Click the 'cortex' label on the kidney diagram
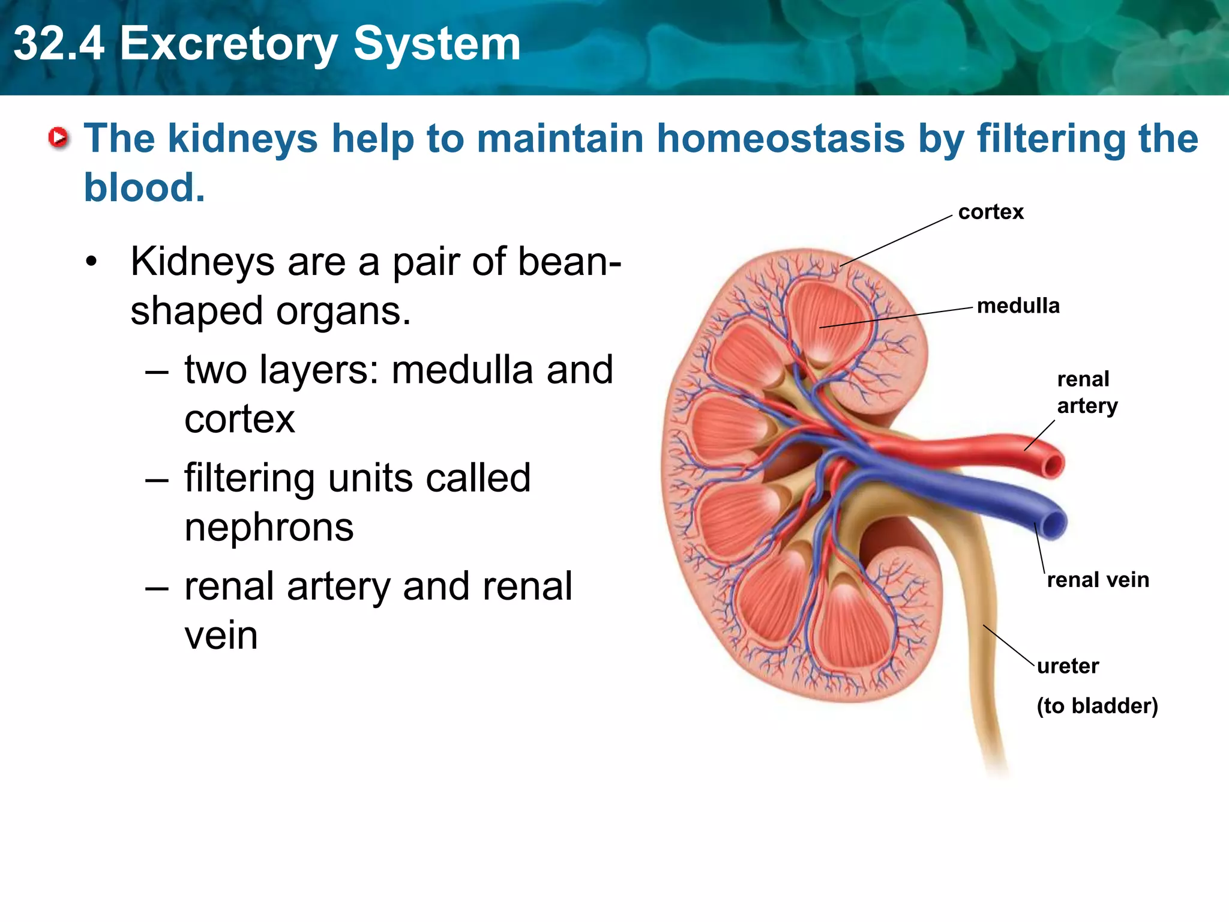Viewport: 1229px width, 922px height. pos(990,212)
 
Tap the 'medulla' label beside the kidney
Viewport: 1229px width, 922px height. pos(1018,306)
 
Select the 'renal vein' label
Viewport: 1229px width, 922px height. pos(1098,580)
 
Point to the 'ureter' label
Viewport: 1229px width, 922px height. pos(1068,666)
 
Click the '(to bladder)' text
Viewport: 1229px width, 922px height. pos(1097,706)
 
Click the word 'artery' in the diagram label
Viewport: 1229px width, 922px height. pos(1087,406)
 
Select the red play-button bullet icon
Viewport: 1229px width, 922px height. pos(58,139)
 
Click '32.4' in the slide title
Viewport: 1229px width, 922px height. pos(59,44)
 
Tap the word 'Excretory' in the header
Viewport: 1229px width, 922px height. pos(228,44)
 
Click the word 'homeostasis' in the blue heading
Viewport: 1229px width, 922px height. pos(780,139)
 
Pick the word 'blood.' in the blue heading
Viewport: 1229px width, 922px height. pos(144,188)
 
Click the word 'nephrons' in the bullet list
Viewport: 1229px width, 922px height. pos(269,528)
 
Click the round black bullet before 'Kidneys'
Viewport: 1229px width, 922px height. pos(91,262)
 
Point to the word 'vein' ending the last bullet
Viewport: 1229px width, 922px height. pos(221,636)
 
